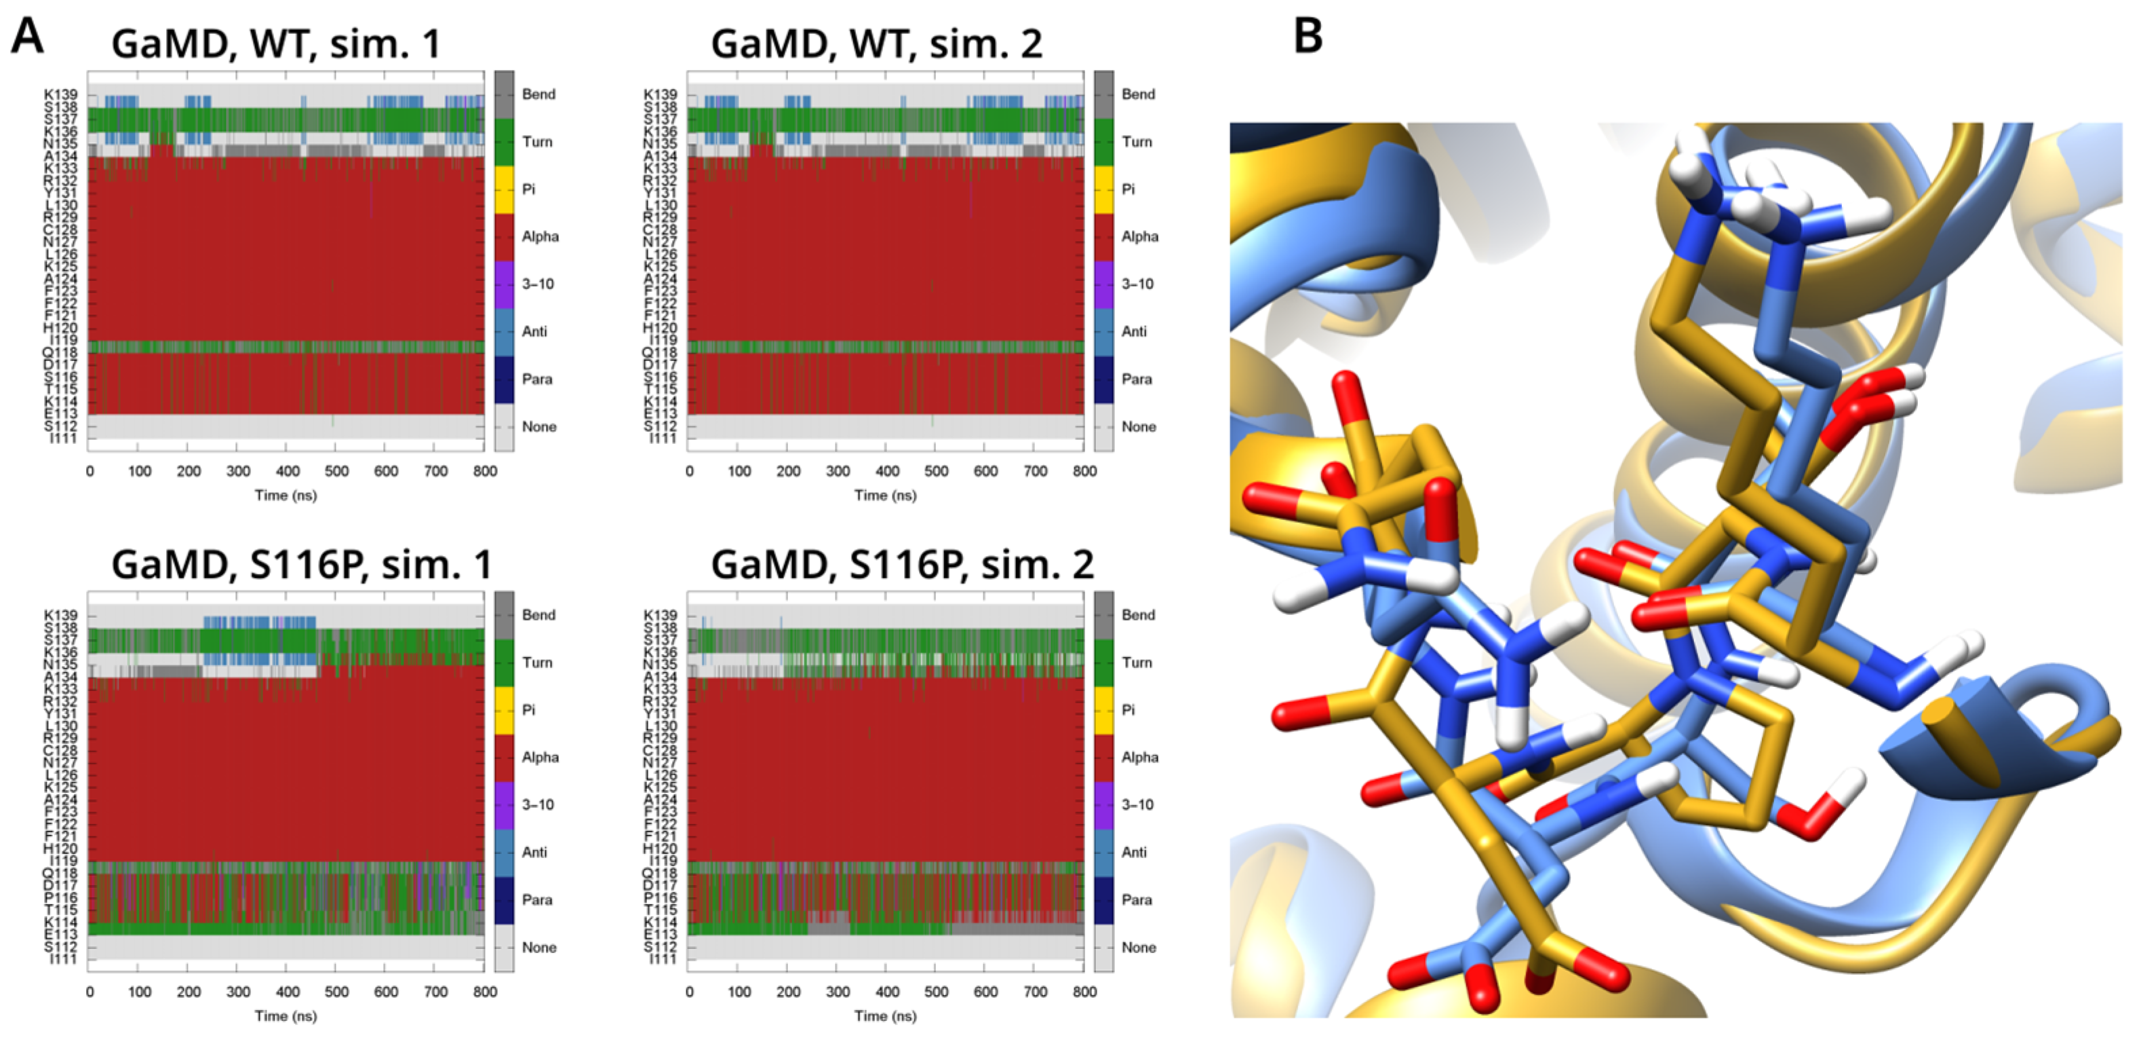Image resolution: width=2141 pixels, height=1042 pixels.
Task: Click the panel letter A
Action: coord(26,37)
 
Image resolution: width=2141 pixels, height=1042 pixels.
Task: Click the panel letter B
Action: coord(1308,37)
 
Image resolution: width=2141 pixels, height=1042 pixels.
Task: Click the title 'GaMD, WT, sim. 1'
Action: coord(276,44)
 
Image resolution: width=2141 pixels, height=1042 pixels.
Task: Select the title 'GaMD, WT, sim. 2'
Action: coord(876,44)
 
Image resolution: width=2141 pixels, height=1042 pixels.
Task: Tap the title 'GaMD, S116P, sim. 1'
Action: coord(302,565)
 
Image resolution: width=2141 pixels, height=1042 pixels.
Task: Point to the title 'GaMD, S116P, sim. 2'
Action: coord(902,565)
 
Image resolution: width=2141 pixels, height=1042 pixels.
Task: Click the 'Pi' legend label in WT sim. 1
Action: coord(528,189)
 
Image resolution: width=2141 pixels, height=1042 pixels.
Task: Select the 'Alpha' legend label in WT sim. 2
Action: coord(1139,237)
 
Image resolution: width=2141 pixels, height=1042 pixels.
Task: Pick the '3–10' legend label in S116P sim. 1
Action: coord(538,805)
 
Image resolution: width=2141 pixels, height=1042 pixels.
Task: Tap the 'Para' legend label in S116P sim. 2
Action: coord(1136,900)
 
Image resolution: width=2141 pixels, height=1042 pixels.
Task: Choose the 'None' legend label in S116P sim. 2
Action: coord(1138,947)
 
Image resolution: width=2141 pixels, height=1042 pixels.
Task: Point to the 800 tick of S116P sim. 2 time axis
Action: coord(1084,992)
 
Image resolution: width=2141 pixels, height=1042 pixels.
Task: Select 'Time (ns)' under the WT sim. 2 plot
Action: coord(885,496)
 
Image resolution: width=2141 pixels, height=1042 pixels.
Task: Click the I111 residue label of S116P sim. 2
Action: coord(663,960)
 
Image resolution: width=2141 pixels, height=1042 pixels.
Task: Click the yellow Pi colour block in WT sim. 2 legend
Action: coord(1103,189)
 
